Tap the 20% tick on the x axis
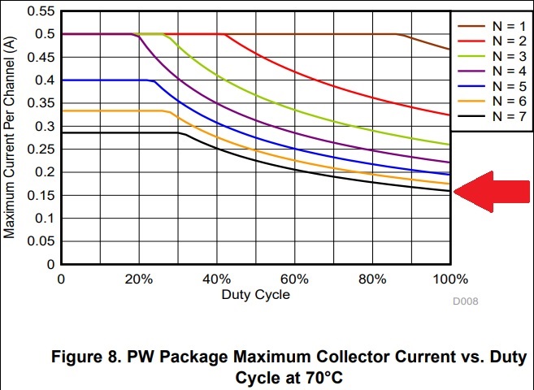point(139,279)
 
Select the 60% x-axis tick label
point(294,279)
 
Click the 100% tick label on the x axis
point(449,279)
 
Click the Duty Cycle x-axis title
point(255,294)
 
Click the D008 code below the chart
point(466,302)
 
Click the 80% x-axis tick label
point(372,279)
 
